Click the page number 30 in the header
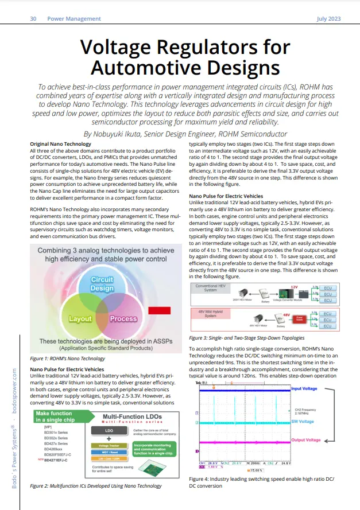(x=33, y=19)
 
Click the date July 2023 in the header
(x=328, y=19)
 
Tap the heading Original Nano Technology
(x=60, y=143)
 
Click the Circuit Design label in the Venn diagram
(x=102, y=284)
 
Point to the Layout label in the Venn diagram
(x=80, y=318)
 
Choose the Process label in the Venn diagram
(x=123, y=318)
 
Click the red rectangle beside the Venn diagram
(x=156, y=310)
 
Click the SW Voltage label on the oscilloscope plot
(x=303, y=422)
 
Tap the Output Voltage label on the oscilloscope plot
(x=305, y=440)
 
